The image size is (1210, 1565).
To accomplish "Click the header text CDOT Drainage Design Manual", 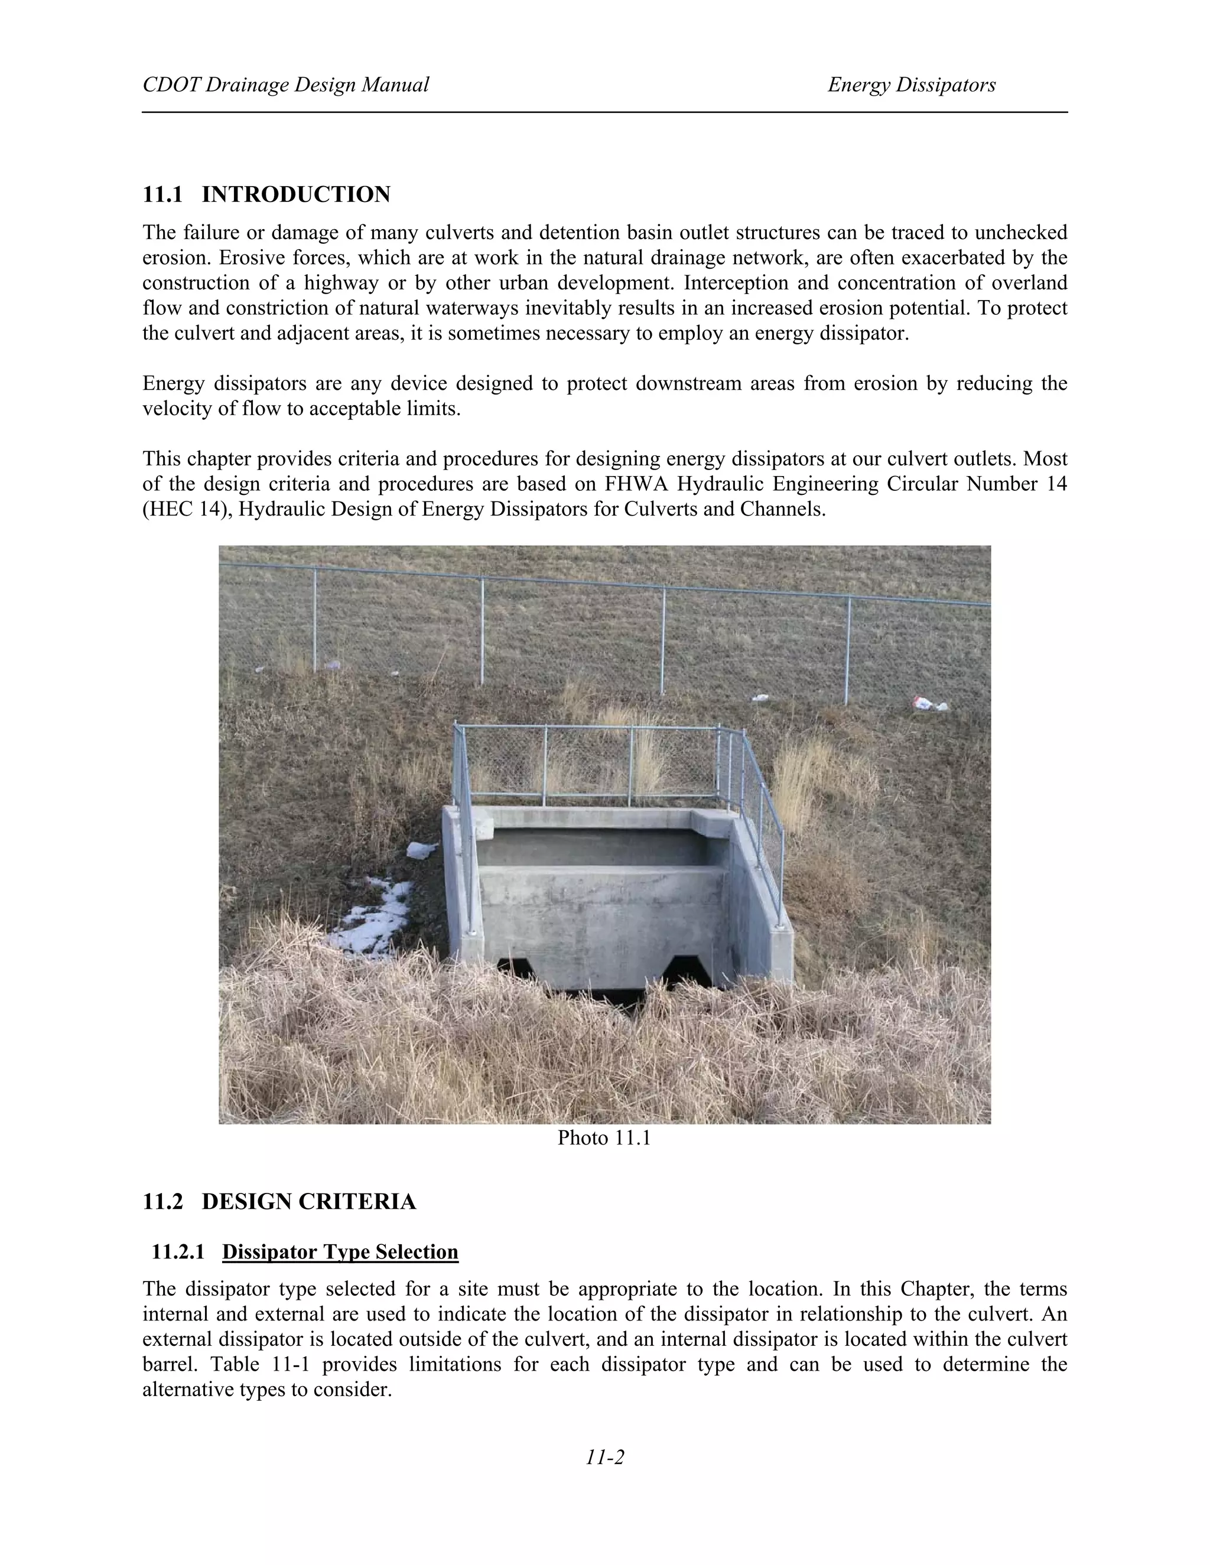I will [285, 85].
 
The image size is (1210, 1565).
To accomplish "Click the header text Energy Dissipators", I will [911, 85].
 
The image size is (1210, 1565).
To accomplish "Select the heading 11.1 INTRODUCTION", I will [266, 194].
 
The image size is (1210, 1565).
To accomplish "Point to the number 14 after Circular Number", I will [1056, 484].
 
